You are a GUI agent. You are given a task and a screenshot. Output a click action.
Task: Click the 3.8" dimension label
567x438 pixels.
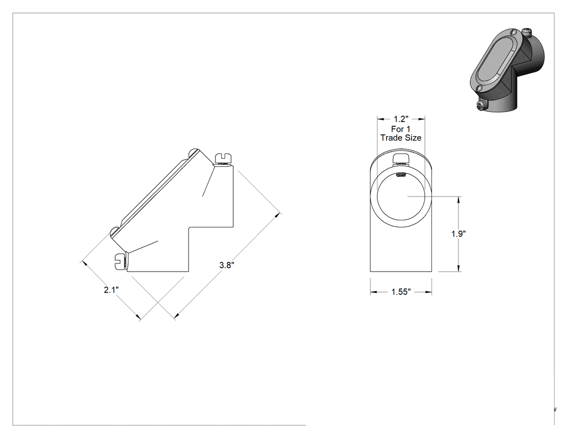point(227,265)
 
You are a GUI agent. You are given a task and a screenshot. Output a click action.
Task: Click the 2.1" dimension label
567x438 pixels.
point(111,289)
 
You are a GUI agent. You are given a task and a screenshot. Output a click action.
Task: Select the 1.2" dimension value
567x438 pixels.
point(401,119)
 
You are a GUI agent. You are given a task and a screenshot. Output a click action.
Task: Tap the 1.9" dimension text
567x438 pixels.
point(458,234)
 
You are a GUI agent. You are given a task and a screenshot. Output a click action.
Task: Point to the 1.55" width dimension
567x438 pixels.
point(401,292)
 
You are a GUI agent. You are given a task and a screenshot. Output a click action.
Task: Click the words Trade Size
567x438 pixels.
point(401,138)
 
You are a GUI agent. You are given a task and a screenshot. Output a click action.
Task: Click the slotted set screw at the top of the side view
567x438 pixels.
point(223,159)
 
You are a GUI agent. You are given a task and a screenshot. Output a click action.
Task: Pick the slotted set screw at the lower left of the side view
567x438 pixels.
point(120,261)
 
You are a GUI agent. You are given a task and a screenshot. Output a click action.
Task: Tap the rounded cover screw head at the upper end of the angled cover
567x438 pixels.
point(194,153)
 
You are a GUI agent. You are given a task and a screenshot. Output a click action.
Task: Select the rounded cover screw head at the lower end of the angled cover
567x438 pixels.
point(114,232)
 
